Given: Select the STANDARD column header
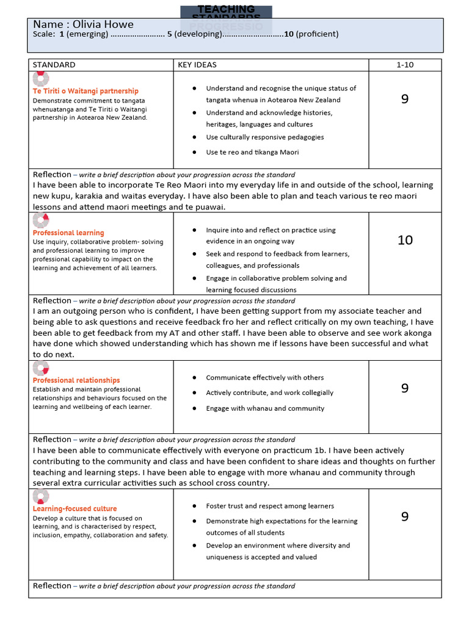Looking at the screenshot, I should tap(54, 65).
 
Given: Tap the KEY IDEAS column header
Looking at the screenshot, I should tap(197, 65).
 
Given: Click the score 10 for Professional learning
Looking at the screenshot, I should tap(405, 240).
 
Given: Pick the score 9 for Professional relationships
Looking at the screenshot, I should tap(405, 388).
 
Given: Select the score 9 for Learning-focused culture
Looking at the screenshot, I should tap(405, 517).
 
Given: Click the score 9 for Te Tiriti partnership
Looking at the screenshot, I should tap(405, 99).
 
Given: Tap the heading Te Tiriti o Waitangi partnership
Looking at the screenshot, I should tap(85, 91).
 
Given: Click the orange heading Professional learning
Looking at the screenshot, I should tap(68, 233).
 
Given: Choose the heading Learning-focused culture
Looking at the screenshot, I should tap(75, 508).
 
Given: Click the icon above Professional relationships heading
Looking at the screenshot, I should tap(40, 368).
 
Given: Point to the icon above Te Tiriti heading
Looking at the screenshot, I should tap(40, 79).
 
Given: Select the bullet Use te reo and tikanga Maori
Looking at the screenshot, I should tap(252, 152).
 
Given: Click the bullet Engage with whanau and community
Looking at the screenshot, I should tap(265, 408).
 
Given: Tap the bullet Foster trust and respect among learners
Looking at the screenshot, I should tap(270, 506).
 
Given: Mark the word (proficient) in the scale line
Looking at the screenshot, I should tap(317, 34).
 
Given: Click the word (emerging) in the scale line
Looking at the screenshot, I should tap(87, 34).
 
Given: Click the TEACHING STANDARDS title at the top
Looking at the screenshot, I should tap(226, 10).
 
